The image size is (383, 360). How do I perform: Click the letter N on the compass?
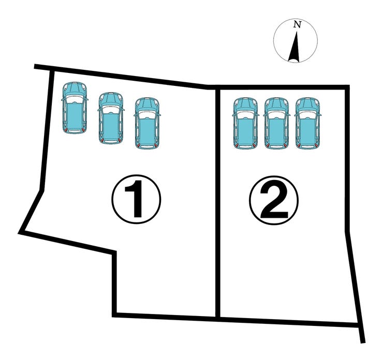point(297,24)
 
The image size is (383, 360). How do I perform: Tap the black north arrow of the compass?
point(294,47)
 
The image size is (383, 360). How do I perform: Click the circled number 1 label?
point(136,199)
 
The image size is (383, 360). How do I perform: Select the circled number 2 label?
point(274,200)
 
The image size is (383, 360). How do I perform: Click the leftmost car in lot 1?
point(75,108)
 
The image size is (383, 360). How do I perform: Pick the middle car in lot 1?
point(111,118)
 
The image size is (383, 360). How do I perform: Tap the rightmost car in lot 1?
point(148,123)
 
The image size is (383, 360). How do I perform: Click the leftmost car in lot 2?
point(245,123)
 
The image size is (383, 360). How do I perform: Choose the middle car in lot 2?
point(276,123)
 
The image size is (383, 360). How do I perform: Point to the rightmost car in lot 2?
point(307,123)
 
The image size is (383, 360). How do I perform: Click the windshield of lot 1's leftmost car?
point(75,99)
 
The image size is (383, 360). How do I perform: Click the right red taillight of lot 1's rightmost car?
point(156,145)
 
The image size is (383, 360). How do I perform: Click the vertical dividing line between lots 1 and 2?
point(218,203)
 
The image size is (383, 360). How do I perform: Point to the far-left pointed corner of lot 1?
point(20,233)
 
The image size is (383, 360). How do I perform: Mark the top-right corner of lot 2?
point(347,87)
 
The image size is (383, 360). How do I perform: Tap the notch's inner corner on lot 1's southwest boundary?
point(114,252)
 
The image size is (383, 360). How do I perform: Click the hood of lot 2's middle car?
point(276,104)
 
